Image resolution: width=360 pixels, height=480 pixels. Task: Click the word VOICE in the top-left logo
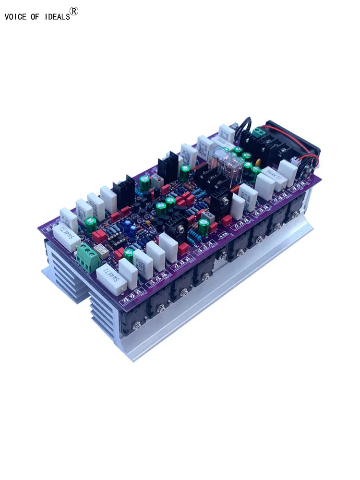coord(14,17)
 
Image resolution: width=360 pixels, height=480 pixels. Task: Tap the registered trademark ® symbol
coord(74,12)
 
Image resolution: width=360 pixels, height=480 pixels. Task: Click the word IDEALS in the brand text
coord(58,17)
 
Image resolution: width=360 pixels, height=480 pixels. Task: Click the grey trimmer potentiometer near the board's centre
coord(207,216)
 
